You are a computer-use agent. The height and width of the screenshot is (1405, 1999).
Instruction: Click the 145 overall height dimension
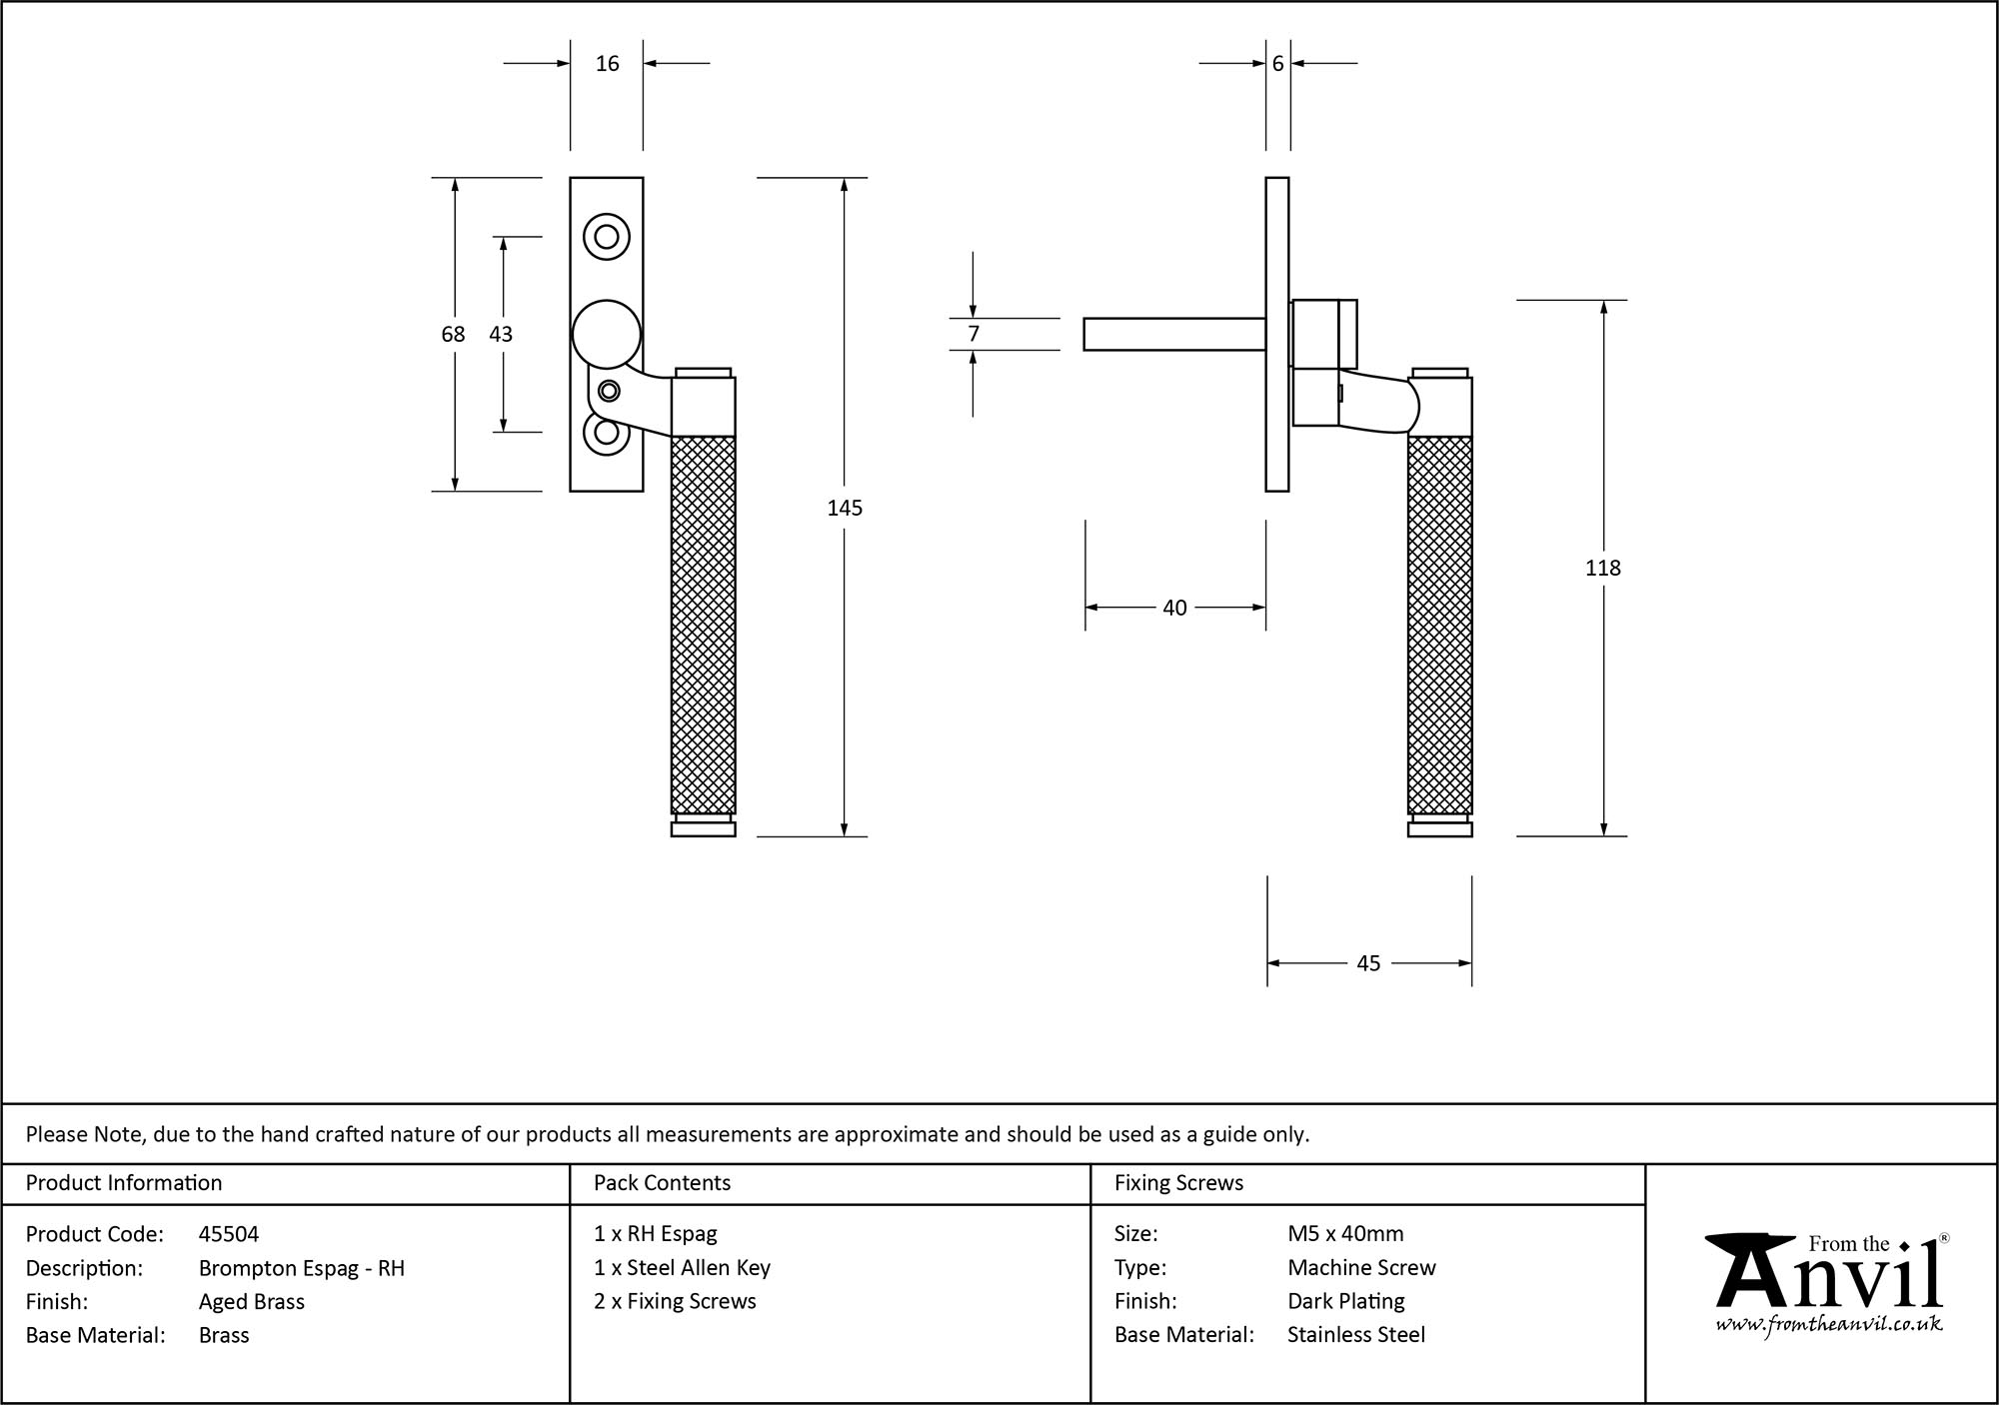coord(845,508)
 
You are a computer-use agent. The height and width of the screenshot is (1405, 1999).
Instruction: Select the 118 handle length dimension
coord(1602,568)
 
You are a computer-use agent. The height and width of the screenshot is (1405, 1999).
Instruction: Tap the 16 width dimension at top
coord(607,64)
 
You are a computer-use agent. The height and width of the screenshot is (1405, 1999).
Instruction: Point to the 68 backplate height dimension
coord(453,334)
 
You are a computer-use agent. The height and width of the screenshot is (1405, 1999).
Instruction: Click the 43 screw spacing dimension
coord(501,334)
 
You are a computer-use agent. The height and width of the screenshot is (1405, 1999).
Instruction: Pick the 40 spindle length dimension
coord(1174,608)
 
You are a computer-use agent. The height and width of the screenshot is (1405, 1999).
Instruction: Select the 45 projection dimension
coord(1368,963)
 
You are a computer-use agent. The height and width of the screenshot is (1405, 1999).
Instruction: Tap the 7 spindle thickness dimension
coord(974,334)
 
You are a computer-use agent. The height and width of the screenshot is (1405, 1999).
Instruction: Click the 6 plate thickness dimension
coord(1277,64)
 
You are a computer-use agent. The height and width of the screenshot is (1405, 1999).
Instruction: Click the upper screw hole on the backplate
coord(607,237)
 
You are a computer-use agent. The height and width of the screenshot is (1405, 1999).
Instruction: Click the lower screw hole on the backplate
coord(607,433)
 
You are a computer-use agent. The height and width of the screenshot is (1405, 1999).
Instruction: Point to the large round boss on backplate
coord(606,334)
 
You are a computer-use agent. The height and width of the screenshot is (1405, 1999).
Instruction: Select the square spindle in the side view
coord(1174,334)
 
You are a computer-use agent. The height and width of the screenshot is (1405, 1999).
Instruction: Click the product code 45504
coord(229,1234)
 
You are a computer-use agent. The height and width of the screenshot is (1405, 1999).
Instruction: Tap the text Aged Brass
coord(251,1301)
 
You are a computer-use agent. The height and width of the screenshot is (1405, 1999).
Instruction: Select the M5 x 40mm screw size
coord(1345,1234)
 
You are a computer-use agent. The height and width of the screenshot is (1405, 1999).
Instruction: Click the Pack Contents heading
coord(662,1183)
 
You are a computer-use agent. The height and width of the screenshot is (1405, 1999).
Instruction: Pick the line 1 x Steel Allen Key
coord(682,1268)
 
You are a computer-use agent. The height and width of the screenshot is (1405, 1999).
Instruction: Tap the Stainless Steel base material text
coord(1356,1335)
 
